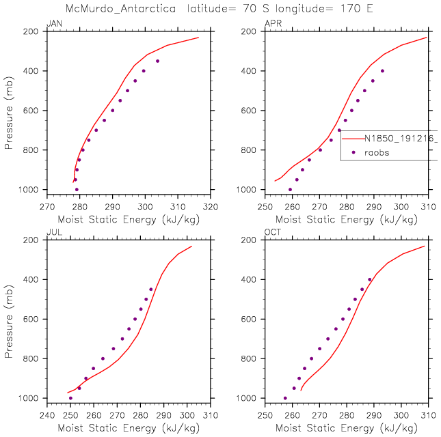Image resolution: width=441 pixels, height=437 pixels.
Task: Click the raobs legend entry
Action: [x=376, y=153]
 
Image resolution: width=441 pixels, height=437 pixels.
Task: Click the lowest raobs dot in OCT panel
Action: [x=285, y=398]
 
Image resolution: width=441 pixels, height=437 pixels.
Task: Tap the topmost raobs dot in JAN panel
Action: [x=157, y=61]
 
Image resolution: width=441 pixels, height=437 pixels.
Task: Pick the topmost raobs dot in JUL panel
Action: [x=151, y=289]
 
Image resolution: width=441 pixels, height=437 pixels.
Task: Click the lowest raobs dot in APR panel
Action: [x=290, y=189]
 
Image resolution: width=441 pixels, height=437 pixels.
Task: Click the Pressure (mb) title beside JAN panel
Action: [x=9, y=110]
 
